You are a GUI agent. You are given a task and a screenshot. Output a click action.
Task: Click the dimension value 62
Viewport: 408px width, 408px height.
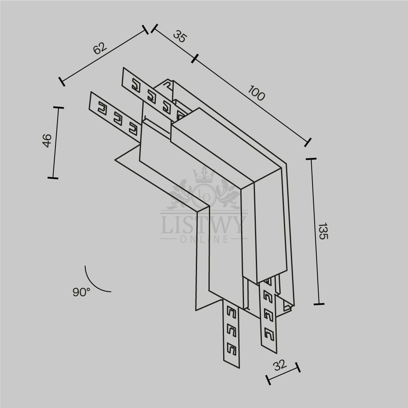[100, 48]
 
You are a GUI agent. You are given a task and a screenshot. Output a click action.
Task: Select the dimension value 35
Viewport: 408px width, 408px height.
[180, 36]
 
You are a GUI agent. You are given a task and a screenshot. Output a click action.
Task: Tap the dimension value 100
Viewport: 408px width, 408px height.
[256, 93]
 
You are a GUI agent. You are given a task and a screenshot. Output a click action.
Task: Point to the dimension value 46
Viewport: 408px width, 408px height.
[47, 140]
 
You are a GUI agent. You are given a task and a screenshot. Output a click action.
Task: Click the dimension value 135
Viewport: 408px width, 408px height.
[323, 231]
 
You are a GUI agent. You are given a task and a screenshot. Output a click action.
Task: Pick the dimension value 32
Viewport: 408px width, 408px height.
[280, 365]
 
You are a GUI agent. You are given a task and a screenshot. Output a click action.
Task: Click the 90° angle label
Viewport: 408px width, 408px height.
[82, 292]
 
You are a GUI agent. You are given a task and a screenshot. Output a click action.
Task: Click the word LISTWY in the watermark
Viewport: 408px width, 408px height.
[204, 225]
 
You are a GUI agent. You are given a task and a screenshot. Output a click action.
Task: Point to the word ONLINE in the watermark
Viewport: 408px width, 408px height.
[204, 239]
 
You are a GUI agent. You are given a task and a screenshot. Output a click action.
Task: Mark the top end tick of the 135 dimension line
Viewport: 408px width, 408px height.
[311, 158]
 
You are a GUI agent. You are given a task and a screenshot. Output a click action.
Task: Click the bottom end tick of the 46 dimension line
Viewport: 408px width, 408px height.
[53, 178]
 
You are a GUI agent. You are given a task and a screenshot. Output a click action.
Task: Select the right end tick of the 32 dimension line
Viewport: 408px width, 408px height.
[298, 367]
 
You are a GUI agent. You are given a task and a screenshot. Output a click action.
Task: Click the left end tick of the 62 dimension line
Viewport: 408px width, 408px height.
[62, 82]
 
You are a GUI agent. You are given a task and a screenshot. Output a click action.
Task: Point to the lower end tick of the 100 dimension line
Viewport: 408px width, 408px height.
[308, 142]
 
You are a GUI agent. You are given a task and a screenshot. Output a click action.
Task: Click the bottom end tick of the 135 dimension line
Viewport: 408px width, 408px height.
[319, 304]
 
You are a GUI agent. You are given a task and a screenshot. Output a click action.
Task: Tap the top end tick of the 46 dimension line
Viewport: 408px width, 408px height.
[58, 107]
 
